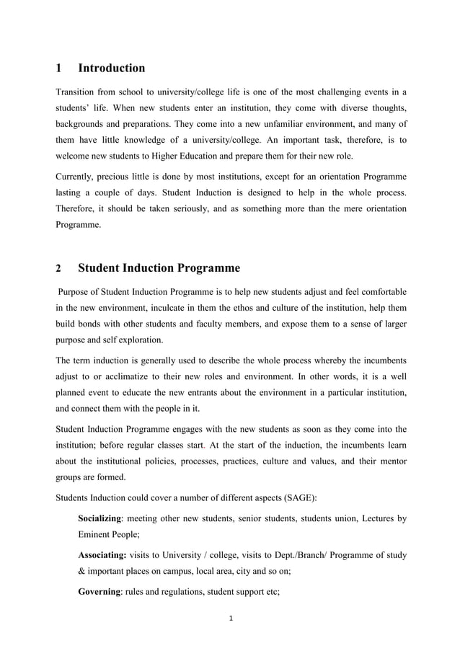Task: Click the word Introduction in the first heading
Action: click(x=111, y=68)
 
